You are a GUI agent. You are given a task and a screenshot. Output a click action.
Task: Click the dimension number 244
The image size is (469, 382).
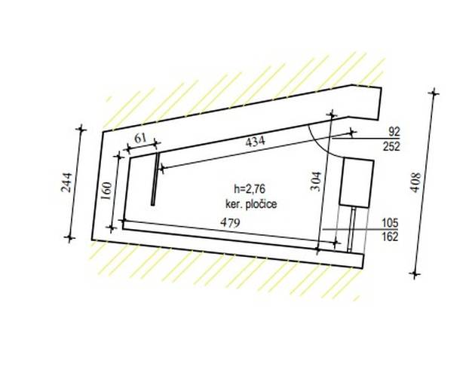[x=66, y=182]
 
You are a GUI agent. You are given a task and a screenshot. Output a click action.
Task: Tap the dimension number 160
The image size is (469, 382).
[x=106, y=191]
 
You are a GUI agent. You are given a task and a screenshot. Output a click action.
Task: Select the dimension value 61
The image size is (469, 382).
[x=140, y=139]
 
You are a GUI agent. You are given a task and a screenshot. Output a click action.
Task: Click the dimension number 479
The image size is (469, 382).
[x=230, y=223]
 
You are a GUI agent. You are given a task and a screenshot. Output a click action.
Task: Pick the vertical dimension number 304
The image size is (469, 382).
[x=316, y=182]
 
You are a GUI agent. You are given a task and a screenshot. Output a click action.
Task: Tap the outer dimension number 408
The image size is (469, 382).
[x=415, y=182]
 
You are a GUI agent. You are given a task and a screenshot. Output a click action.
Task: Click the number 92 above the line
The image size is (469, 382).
[x=394, y=132]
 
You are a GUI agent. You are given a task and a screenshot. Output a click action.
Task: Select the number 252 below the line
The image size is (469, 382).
[x=391, y=147]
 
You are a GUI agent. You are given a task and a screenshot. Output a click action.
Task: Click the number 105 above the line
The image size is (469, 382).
[x=390, y=223]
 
